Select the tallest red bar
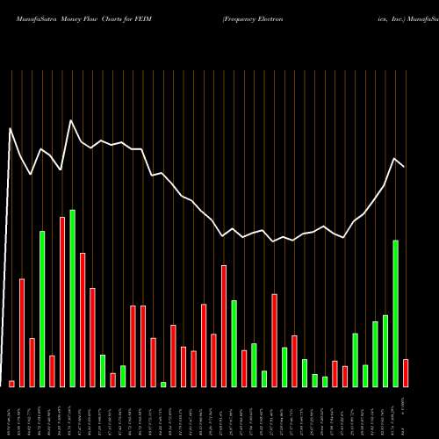[x=62, y=301]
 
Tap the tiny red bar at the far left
[x=11, y=384]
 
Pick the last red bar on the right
[x=406, y=373]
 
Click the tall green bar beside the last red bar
[x=396, y=313]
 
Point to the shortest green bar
[x=163, y=385]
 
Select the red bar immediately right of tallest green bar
[x=83, y=320]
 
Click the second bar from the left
[x=22, y=333]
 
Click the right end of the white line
[x=405, y=166]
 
